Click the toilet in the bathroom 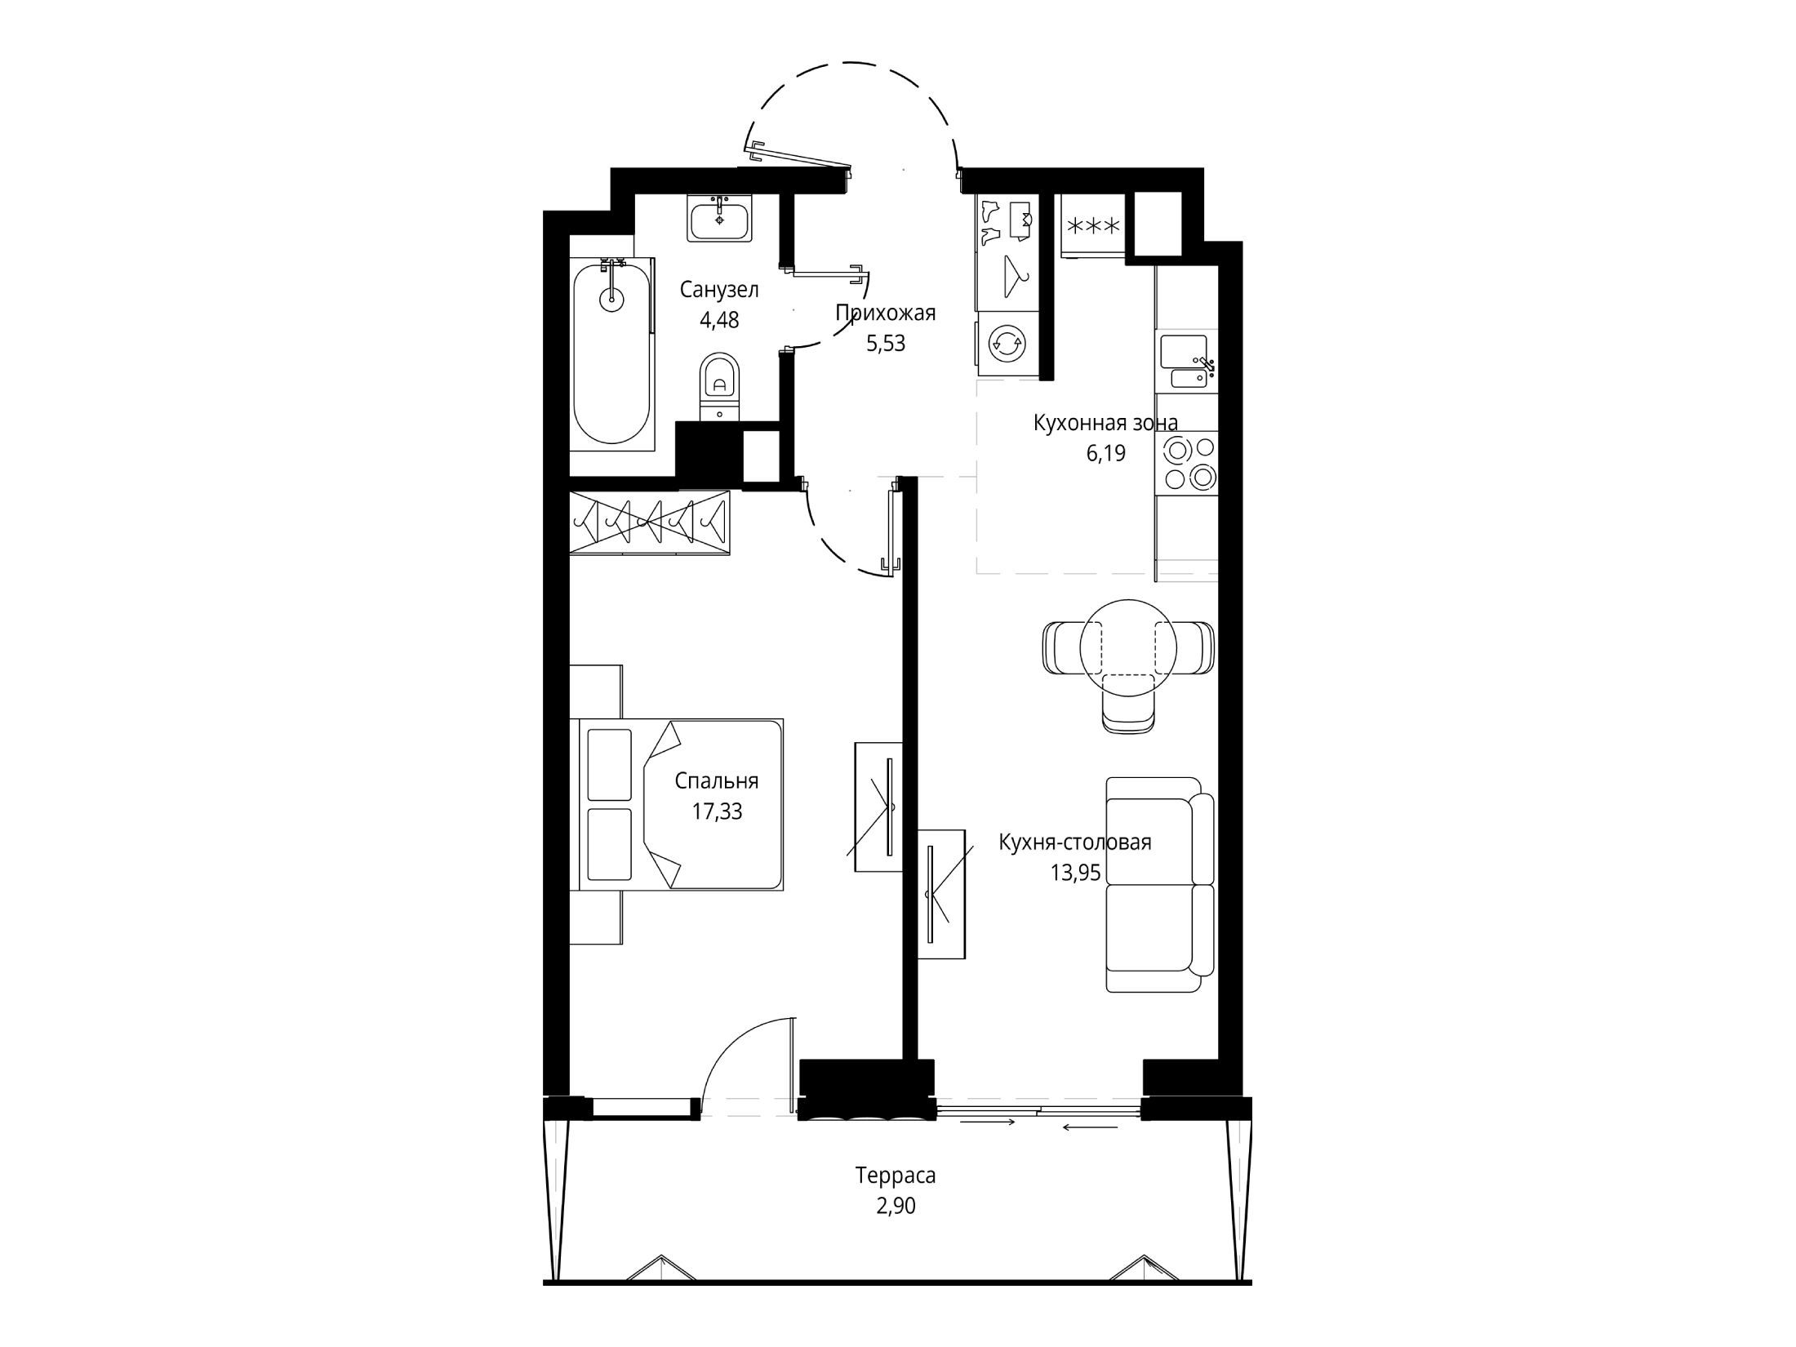click(718, 387)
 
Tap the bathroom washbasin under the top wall click(719, 218)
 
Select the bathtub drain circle click(611, 300)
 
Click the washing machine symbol click(1005, 343)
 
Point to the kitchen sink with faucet click(1189, 361)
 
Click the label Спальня click(717, 782)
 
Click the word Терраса click(896, 1176)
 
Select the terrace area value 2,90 click(896, 1206)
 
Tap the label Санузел click(719, 290)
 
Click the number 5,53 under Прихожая click(886, 343)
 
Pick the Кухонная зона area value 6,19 click(1105, 453)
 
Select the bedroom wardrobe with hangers click(649, 522)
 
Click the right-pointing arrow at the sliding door click(988, 1123)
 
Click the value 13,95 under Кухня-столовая click(1075, 874)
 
